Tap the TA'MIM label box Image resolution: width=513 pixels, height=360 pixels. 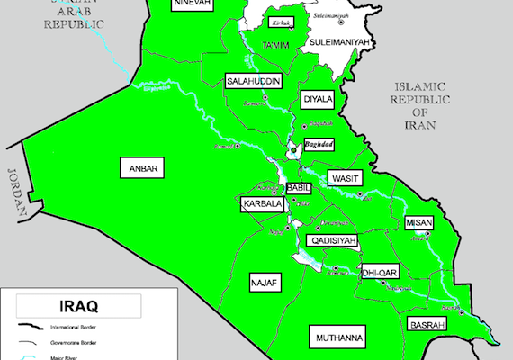[275, 45]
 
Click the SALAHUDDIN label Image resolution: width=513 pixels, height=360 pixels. [255, 81]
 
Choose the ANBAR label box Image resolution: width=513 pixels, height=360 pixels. [143, 168]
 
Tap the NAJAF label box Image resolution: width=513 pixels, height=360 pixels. [265, 283]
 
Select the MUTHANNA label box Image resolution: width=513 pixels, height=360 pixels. [338, 337]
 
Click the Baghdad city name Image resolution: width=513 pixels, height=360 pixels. [319, 144]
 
